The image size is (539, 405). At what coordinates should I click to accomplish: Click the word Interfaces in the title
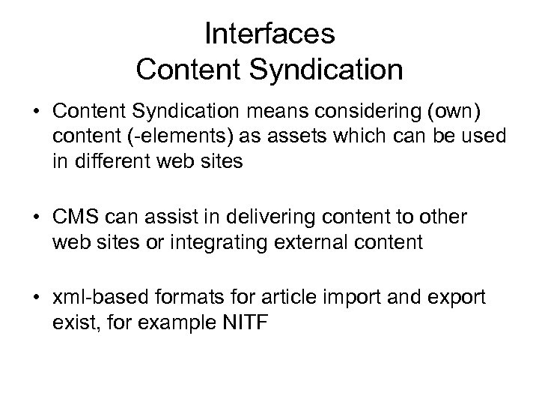269,34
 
